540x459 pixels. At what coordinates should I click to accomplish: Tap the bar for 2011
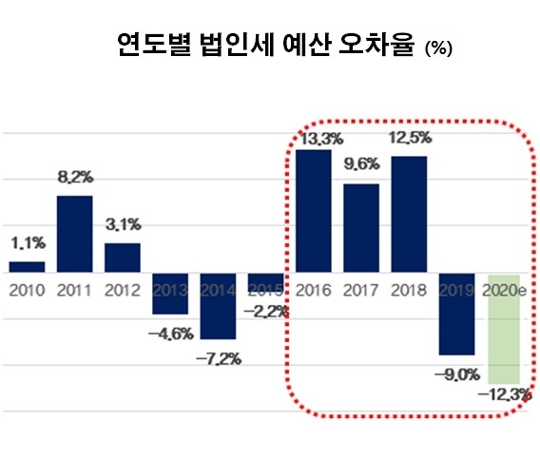(x=75, y=234)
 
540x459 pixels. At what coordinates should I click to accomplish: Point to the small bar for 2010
(x=28, y=267)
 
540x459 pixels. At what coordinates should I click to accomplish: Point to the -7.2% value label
(x=219, y=358)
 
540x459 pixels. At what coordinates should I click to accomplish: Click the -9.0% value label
(x=455, y=373)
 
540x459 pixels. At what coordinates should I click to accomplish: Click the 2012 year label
(x=123, y=289)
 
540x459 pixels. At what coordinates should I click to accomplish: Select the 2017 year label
(x=361, y=289)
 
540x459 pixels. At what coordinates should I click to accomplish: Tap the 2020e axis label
(x=504, y=289)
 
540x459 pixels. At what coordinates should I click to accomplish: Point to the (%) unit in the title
(x=438, y=48)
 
